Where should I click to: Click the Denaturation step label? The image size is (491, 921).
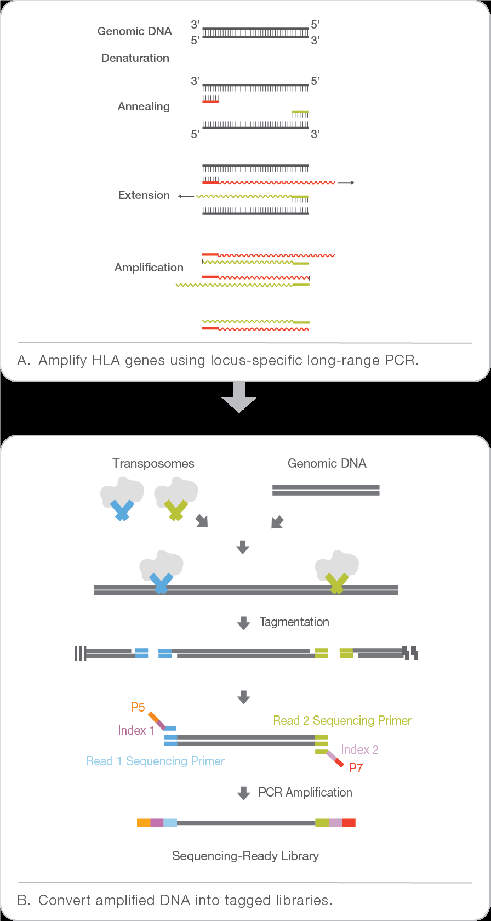click(135, 58)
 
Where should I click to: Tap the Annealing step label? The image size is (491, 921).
click(144, 106)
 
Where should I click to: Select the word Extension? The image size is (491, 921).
click(144, 195)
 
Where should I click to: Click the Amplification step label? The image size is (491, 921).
click(149, 268)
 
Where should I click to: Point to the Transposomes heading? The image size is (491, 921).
click(153, 463)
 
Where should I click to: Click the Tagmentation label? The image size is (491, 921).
click(294, 622)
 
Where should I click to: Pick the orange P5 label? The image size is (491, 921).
click(138, 707)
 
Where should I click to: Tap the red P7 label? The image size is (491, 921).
click(356, 768)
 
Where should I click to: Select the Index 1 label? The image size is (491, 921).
click(136, 730)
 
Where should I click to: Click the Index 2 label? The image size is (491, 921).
click(359, 749)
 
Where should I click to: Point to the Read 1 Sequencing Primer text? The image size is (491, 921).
click(155, 761)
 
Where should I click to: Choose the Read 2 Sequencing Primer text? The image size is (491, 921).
click(342, 720)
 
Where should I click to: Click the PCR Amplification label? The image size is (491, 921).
click(305, 792)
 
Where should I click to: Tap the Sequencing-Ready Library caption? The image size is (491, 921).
click(245, 856)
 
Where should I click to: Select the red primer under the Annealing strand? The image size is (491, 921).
click(211, 101)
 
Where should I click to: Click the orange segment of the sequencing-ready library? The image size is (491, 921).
click(144, 822)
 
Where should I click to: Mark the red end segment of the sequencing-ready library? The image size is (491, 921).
click(349, 822)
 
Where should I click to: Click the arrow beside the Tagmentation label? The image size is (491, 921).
click(243, 623)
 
